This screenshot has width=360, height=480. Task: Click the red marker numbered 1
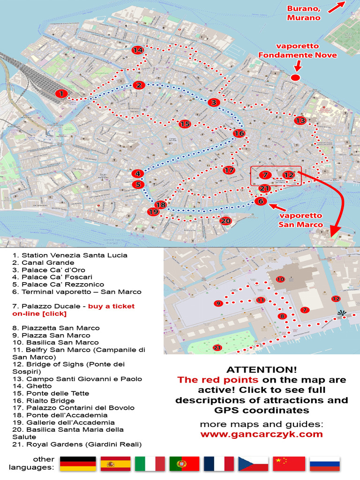tap(60, 94)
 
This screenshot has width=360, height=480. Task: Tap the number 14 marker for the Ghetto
tap(138, 50)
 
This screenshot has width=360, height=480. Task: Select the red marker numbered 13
tap(300, 120)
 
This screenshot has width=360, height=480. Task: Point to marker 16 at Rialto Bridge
tap(239, 134)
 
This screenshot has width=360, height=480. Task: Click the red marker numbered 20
tap(225, 221)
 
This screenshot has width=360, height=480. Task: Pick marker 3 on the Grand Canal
tap(214, 102)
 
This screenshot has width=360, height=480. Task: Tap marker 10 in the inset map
tap(280, 279)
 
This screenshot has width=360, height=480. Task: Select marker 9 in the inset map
tap(218, 303)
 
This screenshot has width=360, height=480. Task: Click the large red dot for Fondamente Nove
tap(295, 77)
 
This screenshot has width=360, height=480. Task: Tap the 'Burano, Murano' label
tap(304, 13)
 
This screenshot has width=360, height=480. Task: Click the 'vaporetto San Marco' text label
tap(300, 220)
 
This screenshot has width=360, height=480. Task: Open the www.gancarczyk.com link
tap(262, 434)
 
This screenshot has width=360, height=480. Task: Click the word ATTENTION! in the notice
tap(262, 369)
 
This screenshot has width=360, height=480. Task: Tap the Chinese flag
tap(289, 464)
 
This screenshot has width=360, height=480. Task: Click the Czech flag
tap(254, 464)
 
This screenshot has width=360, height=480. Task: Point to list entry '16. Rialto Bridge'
tap(44, 401)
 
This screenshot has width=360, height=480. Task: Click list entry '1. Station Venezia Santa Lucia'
tap(70, 255)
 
